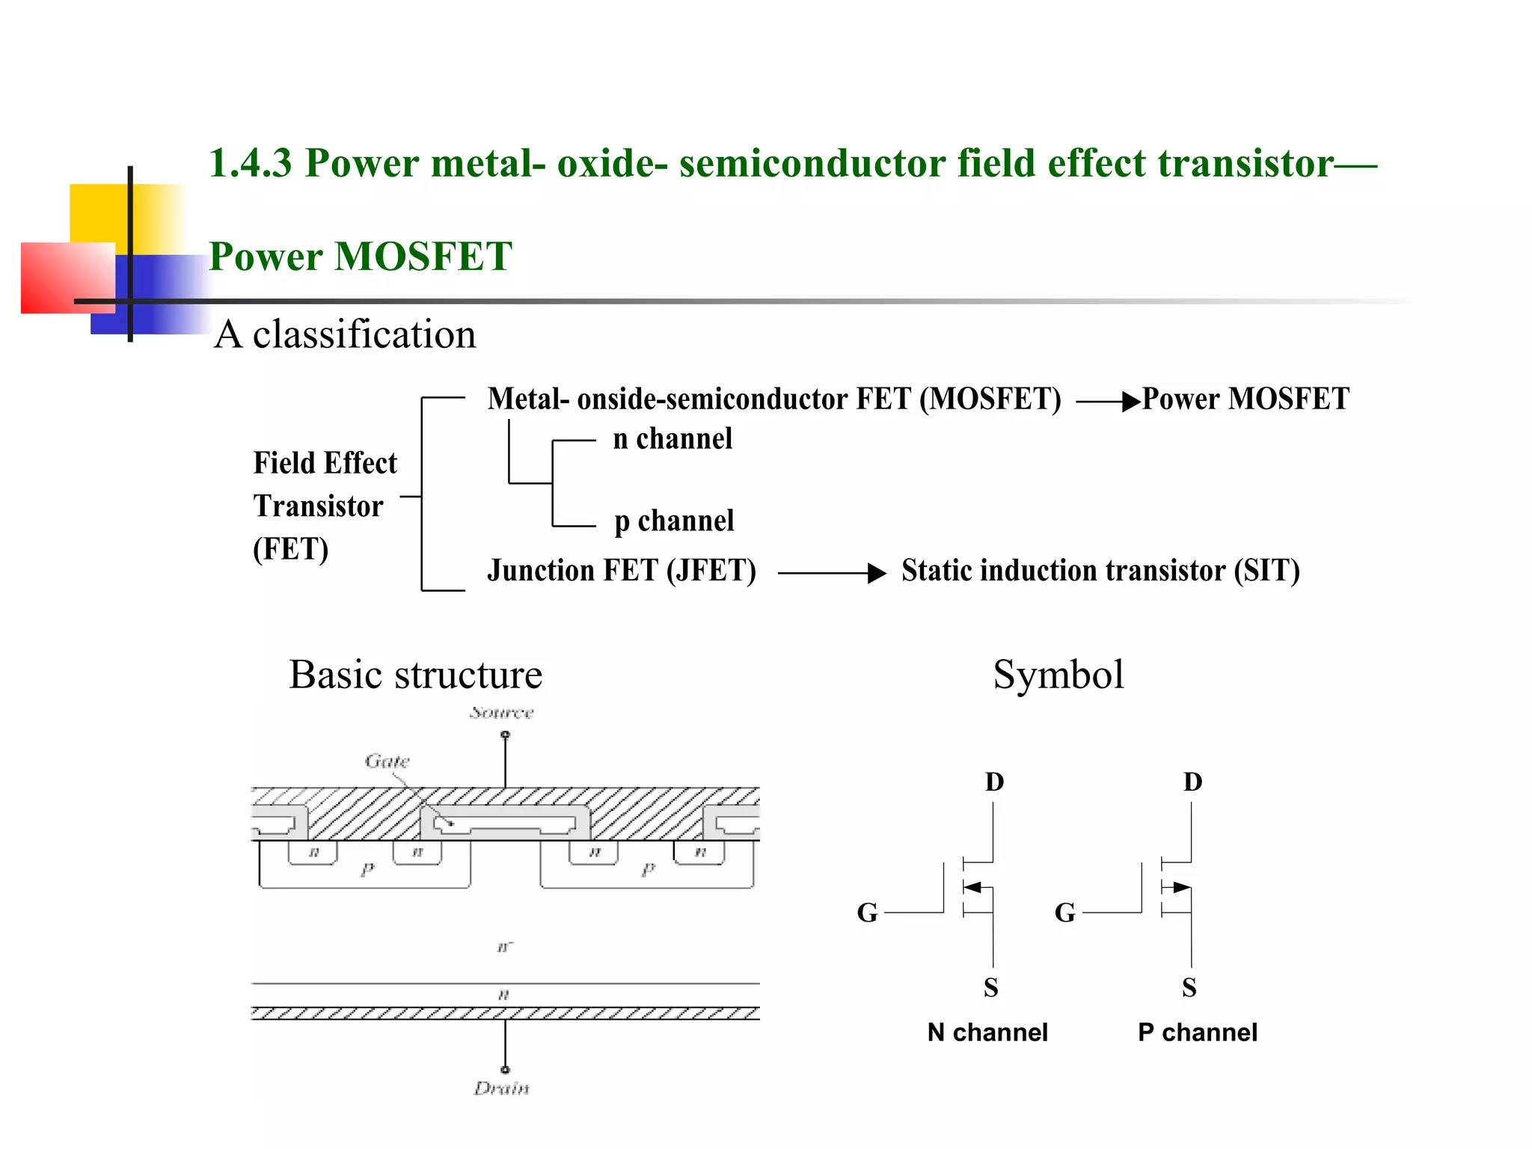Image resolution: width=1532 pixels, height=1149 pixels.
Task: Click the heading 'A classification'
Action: pos(345,334)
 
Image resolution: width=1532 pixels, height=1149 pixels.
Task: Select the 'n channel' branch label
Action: pos(672,439)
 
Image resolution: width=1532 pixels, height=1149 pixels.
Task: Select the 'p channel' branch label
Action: pos(673,521)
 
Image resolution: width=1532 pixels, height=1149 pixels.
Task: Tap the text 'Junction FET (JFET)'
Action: pos(621,571)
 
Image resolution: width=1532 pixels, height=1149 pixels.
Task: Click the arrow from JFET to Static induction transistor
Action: pos(832,574)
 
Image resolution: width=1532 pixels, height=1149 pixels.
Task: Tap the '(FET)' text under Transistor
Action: pos(290,549)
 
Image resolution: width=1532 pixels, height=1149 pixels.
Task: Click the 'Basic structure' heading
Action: pos(415,675)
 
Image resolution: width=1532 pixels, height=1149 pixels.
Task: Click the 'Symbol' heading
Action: pos(1058,675)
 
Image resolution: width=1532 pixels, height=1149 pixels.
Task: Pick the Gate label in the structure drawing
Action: pos(387,762)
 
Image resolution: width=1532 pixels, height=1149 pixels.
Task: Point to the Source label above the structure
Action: pos(501,712)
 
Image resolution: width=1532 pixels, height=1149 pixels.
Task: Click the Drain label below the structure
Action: pos(501,1088)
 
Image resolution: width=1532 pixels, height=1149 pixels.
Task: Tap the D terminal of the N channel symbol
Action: pos(994,782)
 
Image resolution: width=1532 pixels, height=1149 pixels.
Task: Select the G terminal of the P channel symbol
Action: pos(1064,913)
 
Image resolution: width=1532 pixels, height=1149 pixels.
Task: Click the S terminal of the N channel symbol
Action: pos(991,988)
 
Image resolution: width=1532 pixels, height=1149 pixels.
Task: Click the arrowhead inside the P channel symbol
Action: pos(1180,888)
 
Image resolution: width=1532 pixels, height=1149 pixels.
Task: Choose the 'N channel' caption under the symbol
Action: pos(987,1033)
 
